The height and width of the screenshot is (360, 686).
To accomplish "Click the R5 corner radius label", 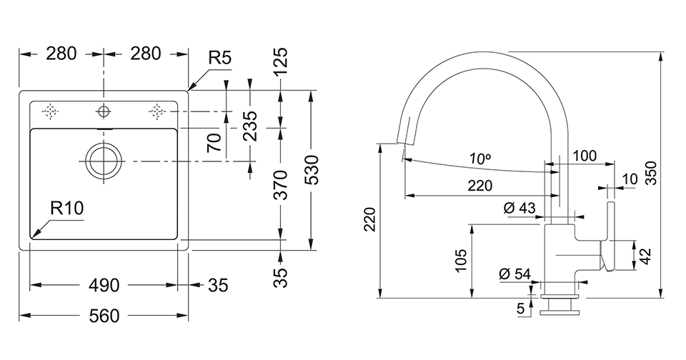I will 220,58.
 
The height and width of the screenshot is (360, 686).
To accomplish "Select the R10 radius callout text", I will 68,208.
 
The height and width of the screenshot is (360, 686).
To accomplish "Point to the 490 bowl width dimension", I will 104,286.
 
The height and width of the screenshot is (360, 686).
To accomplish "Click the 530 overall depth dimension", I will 312,170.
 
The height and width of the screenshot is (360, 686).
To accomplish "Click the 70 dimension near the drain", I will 212,143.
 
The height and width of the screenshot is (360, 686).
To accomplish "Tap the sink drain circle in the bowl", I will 104,160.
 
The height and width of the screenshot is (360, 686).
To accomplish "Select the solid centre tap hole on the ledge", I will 104,111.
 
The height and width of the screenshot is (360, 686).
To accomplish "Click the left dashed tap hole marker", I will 50,111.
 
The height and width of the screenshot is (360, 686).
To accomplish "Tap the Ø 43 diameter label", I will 520,208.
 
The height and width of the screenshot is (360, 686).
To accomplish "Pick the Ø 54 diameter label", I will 514,274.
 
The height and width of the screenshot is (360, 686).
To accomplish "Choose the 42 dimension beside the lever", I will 645,256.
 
